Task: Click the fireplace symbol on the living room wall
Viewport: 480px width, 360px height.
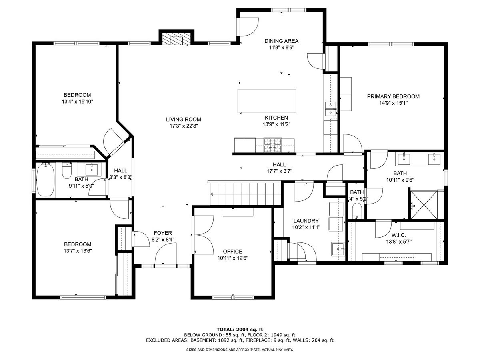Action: pos(176,39)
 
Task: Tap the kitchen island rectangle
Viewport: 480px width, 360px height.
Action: pos(267,101)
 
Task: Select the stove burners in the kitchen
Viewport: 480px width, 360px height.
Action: pos(272,145)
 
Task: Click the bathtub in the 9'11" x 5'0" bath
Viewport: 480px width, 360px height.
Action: pos(46,180)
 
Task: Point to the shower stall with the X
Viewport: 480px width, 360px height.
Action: pos(424,205)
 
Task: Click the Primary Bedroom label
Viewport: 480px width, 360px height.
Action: pos(393,96)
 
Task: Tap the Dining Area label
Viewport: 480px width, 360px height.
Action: pos(281,41)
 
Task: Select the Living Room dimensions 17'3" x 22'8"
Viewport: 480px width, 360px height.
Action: pos(184,126)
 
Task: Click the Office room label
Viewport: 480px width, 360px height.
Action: pos(233,251)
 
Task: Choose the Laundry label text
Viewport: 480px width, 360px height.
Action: pos(306,220)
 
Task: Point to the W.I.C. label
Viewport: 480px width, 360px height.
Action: pos(399,235)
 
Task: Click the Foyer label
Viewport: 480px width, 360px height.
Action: pos(163,233)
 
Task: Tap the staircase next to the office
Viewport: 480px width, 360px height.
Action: pos(245,194)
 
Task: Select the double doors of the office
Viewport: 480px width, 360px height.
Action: pos(204,235)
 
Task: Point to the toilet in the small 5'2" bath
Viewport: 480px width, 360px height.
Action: pos(357,211)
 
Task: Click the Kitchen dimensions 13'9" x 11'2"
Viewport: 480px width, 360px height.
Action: pos(276,124)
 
